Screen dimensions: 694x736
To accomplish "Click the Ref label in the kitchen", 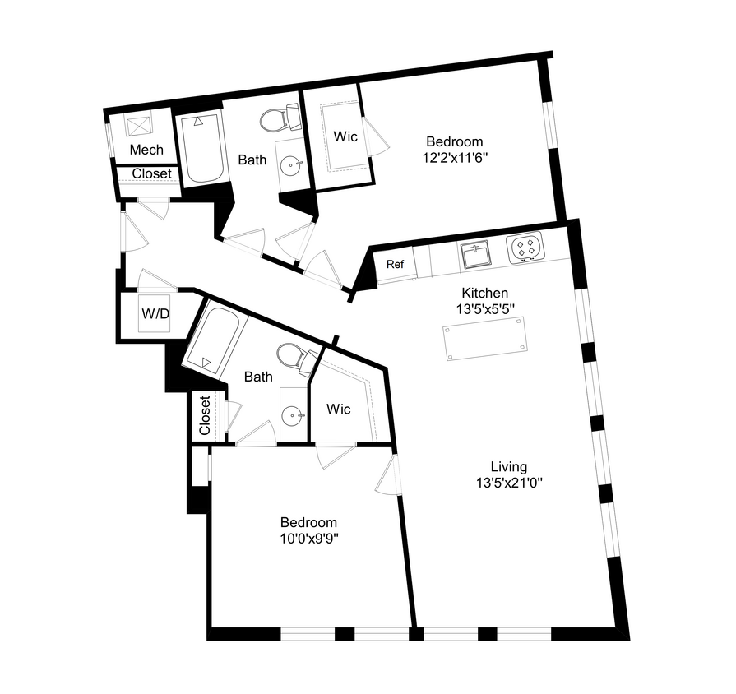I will tap(396, 265).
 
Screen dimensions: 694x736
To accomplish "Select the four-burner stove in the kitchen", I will tap(525, 248).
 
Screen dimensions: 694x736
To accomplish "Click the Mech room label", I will tap(146, 150).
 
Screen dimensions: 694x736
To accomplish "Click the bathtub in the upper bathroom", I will tap(201, 147).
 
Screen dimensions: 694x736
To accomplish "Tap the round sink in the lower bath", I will tap(292, 416).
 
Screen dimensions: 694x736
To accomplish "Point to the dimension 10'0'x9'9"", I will tap(309, 539).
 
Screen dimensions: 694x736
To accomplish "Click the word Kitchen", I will tap(484, 293).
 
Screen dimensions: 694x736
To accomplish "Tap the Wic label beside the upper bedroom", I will tap(345, 136).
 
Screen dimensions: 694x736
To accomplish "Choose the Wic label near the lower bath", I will tap(338, 409).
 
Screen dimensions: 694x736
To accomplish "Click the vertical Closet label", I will tap(205, 416).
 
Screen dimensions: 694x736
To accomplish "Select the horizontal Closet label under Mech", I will tap(152, 173).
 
